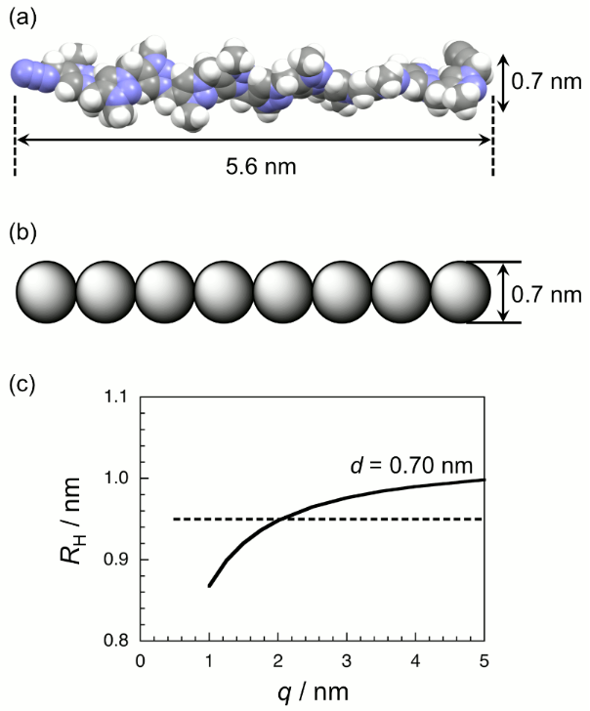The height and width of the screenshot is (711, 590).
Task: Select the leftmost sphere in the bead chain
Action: point(46,291)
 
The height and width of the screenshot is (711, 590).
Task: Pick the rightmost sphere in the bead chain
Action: point(459,291)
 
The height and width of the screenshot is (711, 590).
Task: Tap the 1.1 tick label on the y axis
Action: point(118,397)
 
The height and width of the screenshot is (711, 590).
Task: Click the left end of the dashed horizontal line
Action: point(175,519)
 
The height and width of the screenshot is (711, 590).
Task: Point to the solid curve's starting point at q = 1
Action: point(209,586)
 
